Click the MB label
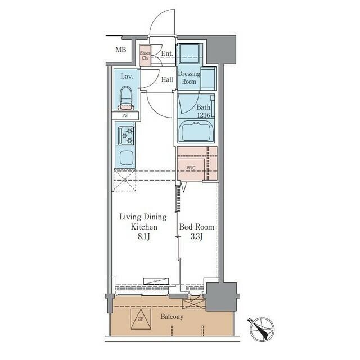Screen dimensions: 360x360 coord(121,50)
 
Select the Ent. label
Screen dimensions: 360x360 coord(166,54)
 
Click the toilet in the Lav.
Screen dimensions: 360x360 coord(125,98)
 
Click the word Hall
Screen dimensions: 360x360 coord(167,79)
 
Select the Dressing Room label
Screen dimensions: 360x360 coord(189,78)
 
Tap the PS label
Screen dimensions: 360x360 coord(125,116)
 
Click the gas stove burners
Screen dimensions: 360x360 coord(127,135)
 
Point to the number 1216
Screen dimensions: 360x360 coord(202,115)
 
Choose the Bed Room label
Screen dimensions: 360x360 coord(197,227)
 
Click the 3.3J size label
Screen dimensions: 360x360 coord(197,236)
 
